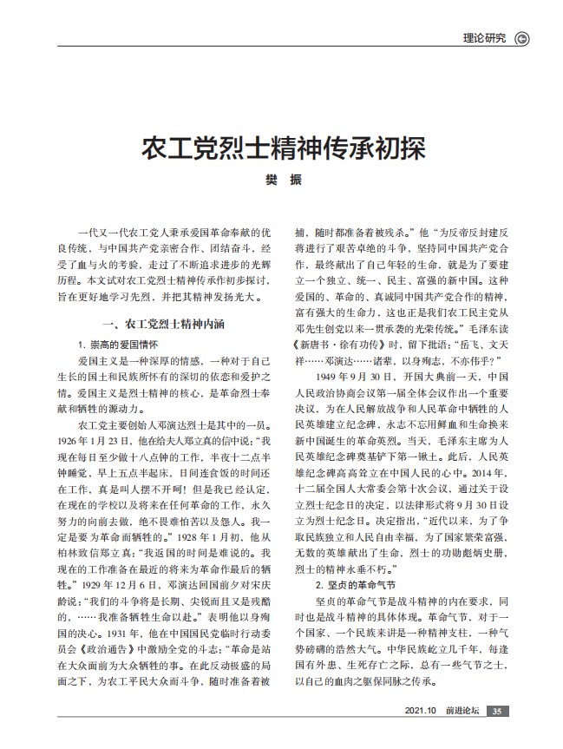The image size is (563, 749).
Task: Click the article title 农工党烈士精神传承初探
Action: coord(282,148)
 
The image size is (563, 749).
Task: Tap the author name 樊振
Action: coord(282,179)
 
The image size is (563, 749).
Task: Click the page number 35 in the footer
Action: coord(495,711)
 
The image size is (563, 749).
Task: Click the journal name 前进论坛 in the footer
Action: coord(462,711)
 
